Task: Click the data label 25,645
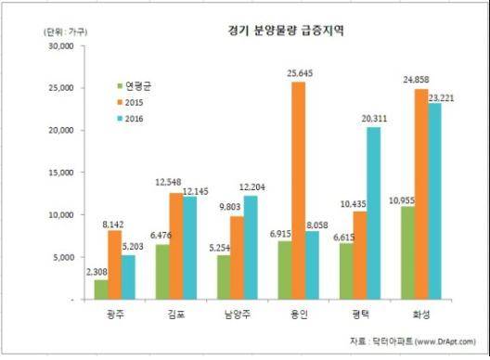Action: tap(299, 72)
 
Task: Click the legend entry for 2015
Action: tap(129, 102)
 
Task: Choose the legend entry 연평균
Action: tap(133, 85)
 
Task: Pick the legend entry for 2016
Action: tap(129, 119)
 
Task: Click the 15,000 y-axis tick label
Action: tap(58, 173)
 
